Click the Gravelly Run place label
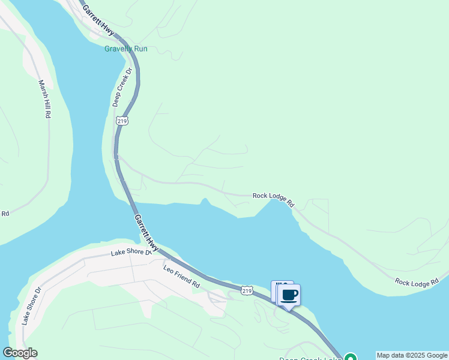click(125, 49)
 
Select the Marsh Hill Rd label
click(44, 99)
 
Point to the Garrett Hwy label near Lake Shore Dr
click(147, 233)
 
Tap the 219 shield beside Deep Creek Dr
click(122, 119)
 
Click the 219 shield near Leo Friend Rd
click(247, 290)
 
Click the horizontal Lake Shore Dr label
click(131, 253)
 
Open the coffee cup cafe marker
click(289, 295)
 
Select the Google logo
click(20, 353)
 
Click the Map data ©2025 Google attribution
click(412, 355)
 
